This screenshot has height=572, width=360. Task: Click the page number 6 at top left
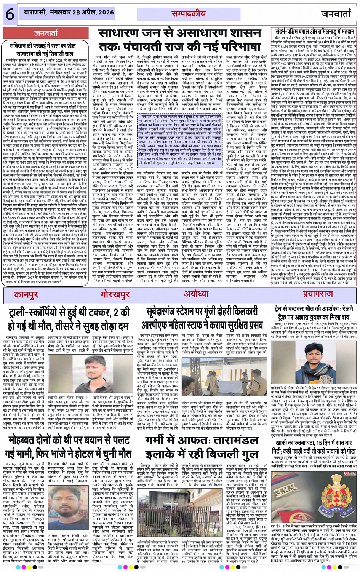10,14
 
